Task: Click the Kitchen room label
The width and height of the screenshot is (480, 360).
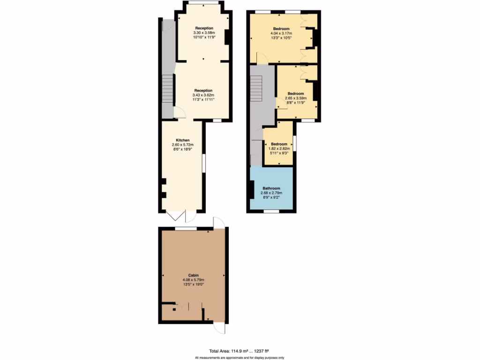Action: (183, 140)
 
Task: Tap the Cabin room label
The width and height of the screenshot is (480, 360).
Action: (193, 276)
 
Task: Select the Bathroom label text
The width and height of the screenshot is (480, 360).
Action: (272, 188)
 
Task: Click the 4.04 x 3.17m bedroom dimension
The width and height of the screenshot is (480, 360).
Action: (281, 33)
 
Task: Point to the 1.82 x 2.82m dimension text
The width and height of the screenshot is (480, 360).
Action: (278, 148)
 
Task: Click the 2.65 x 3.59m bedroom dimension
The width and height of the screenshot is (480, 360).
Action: (295, 98)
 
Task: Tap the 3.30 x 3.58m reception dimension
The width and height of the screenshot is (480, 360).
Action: (204, 33)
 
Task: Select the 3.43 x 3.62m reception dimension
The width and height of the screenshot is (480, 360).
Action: (203, 95)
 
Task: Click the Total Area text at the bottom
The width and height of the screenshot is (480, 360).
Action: (239, 351)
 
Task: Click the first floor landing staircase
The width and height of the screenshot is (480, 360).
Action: (256, 89)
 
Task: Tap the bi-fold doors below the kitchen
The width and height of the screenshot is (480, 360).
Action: (180, 216)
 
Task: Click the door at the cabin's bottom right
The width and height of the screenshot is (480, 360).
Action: (219, 328)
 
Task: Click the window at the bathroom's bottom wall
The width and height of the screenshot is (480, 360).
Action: (270, 211)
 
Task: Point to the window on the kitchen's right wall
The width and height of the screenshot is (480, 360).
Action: (203, 162)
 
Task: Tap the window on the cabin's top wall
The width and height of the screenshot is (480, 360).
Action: (186, 228)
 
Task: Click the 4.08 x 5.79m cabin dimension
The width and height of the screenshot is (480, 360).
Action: (193, 280)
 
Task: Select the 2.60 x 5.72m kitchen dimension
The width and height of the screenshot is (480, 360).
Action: (183, 145)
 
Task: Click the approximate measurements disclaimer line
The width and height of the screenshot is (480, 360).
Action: (240, 357)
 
